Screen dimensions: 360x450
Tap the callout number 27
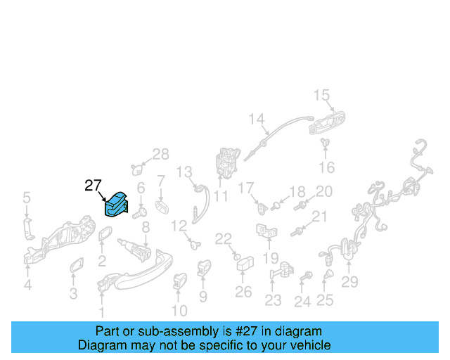tap(94, 186)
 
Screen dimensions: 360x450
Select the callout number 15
tap(321, 95)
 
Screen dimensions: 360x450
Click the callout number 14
tap(255, 119)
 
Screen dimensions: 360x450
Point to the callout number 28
tap(161, 155)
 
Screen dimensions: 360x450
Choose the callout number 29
tap(349, 283)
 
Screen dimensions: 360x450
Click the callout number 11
tap(221, 197)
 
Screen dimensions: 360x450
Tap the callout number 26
tap(243, 291)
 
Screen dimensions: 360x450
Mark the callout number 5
tap(27, 198)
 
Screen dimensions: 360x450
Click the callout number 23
tap(273, 301)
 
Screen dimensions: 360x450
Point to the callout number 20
tap(323, 191)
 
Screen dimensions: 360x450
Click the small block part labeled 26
tap(245, 266)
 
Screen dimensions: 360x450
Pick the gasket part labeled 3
tap(75, 267)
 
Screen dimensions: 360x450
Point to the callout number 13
tap(184, 172)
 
